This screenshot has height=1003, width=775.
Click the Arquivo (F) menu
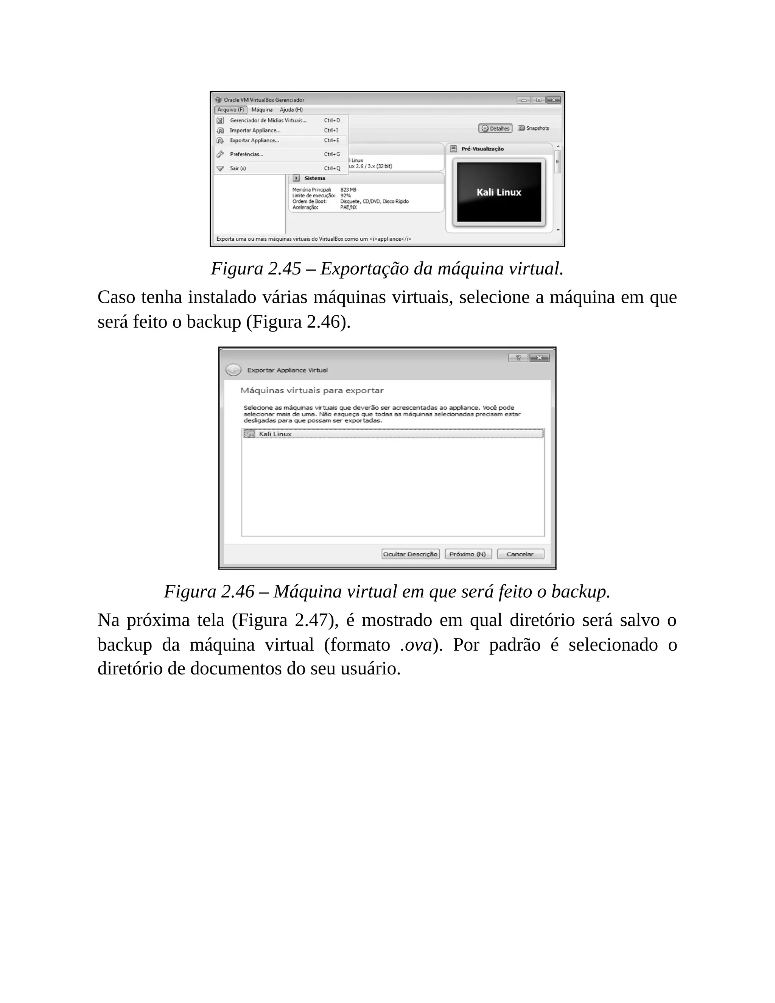pos(230,110)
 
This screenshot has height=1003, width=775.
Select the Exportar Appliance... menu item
pos(254,140)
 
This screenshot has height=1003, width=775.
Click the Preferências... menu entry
pos(247,154)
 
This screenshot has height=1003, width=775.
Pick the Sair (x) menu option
pos(238,168)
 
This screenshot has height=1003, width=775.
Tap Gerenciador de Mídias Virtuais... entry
pos(268,120)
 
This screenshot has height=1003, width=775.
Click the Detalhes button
pos(495,129)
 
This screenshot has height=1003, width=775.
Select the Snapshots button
pos(534,128)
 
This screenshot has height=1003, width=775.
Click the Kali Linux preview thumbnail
pos(499,192)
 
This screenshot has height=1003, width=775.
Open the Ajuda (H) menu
pos(291,110)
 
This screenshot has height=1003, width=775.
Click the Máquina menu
pos(262,110)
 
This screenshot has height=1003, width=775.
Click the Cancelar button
pos(520,554)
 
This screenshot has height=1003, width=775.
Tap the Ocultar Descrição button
pos(411,554)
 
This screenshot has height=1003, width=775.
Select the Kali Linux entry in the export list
pos(275,434)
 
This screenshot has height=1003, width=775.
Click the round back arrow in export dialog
pos(233,370)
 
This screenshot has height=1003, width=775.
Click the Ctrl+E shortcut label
pos(331,140)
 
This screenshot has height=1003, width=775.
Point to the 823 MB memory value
pos(348,190)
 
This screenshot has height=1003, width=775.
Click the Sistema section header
pos(314,178)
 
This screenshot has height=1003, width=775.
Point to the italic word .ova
pos(416,645)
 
